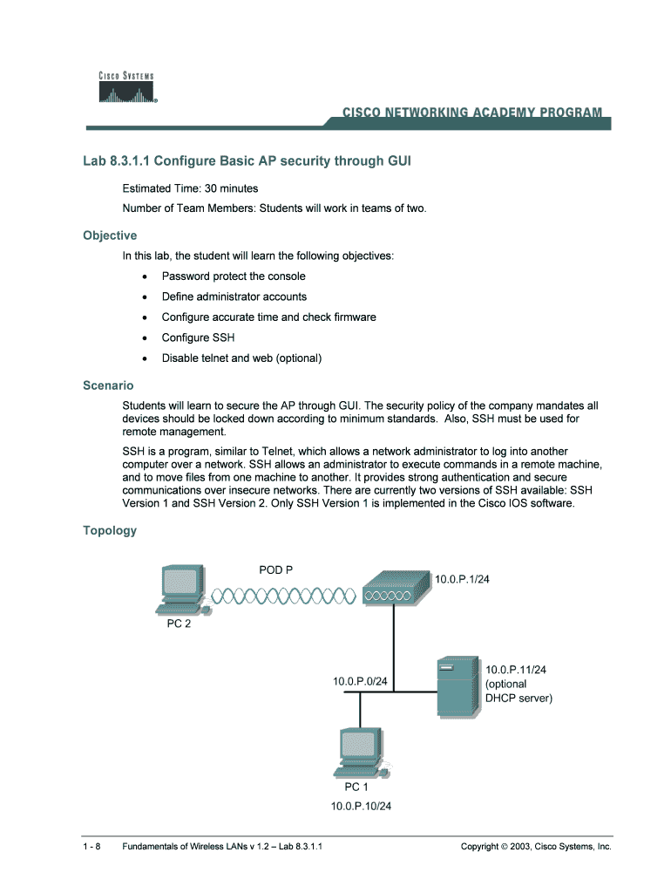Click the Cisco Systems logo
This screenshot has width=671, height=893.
126,88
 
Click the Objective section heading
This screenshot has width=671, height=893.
110,235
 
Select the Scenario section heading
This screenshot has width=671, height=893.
108,385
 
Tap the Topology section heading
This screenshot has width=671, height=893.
110,530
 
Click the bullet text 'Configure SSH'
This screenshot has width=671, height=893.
198,337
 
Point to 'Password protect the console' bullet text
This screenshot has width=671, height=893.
234,276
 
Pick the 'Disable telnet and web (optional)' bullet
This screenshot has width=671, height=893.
241,358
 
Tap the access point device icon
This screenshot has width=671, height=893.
395,588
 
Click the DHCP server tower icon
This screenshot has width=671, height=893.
457,689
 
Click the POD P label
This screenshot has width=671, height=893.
276,570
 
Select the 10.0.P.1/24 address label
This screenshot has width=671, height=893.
463,580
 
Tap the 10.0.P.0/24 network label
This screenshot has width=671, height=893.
360,680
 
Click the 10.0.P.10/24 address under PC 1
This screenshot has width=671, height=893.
361,806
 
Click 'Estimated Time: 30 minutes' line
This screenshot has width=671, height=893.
190,188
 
